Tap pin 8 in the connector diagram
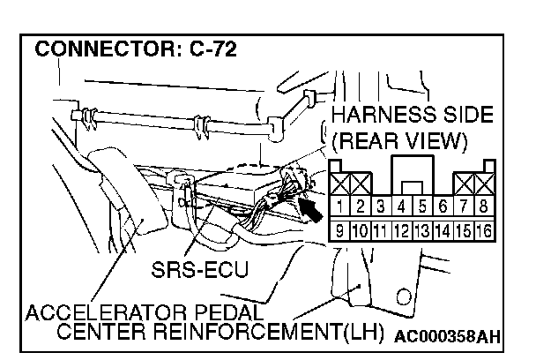point(482,208)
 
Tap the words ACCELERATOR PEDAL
point(145,312)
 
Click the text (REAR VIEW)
point(401,140)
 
